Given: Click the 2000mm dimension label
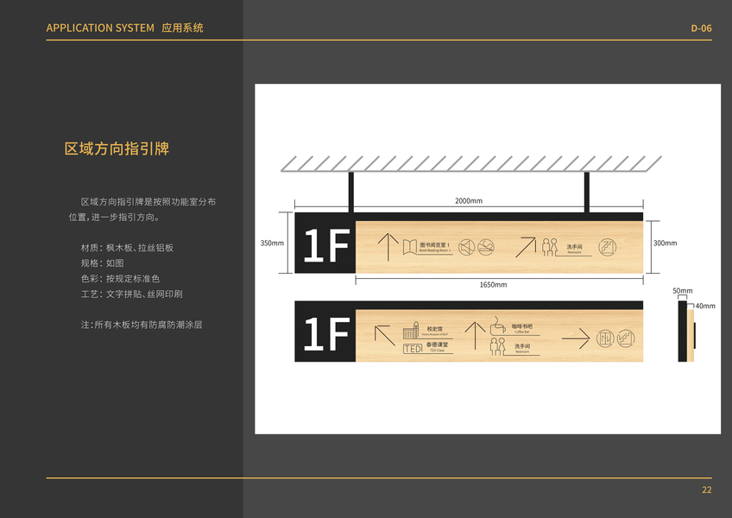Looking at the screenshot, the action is click(x=469, y=201).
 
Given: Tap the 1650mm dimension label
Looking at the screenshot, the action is click(x=493, y=285).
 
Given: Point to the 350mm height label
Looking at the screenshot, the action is click(x=272, y=243).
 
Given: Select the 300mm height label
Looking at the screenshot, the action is click(x=665, y=243).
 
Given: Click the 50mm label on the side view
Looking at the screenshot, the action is click(x=683, y=291).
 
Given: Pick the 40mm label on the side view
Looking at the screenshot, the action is click(x=705, y=306).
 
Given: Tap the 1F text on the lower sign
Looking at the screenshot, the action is click(x=325, y=336).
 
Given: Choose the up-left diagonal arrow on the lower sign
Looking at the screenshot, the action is click(x=384, y=336).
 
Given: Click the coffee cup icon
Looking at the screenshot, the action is click(x=498, y=326).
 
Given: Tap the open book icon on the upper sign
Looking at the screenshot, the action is click(x=409, y=247).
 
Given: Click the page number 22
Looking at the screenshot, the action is click(x=706, y=490).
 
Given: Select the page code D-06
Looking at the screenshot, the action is click(x=701, y=28).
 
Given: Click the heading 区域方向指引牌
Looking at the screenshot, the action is click(x=117, y=148).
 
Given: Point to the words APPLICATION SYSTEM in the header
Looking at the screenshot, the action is click(x=100, y=28).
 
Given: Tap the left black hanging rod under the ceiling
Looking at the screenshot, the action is click(x=351, y=192).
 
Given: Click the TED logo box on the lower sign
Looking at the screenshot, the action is click(x=413, y=348).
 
